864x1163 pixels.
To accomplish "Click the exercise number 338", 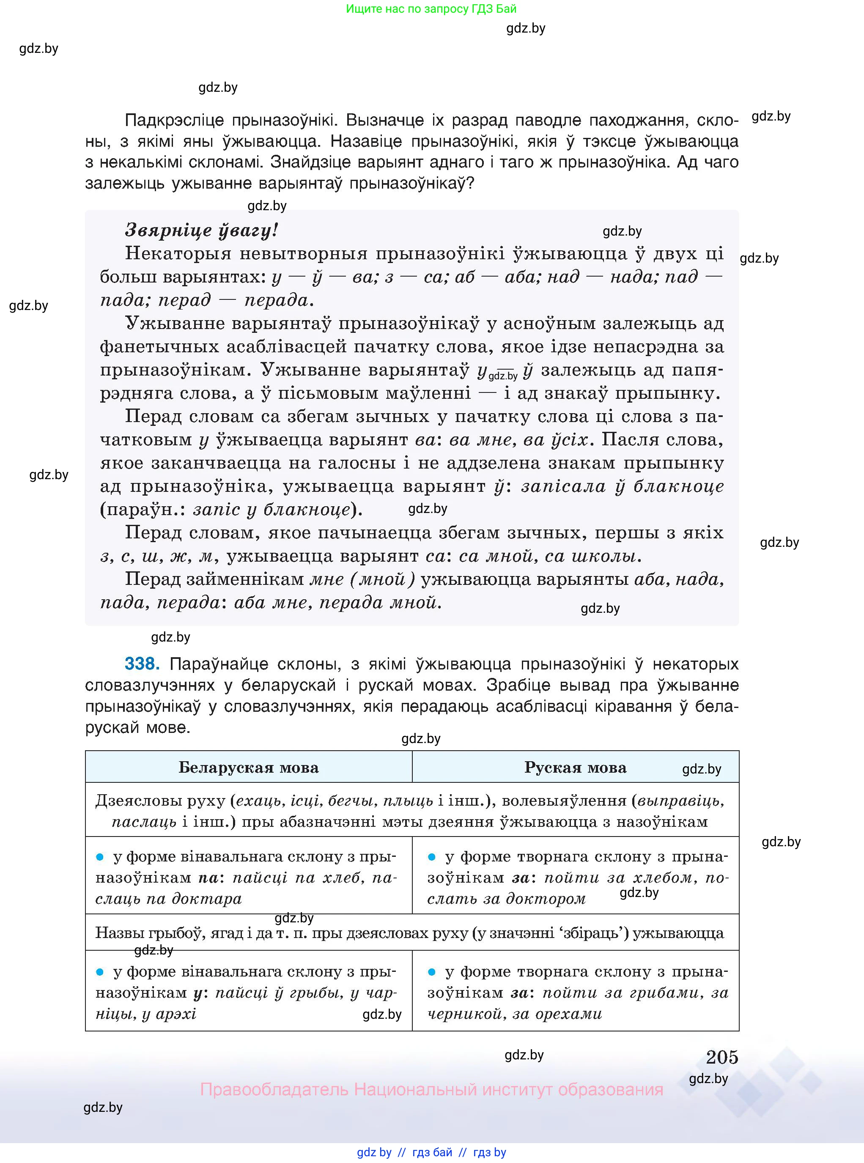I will click(141, 664).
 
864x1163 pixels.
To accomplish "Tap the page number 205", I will click(722, 1057).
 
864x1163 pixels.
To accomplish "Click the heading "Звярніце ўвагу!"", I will click(201, 230).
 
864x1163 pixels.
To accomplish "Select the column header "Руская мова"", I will click(575, 767).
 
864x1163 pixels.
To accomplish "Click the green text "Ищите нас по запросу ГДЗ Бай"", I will click(431, 9).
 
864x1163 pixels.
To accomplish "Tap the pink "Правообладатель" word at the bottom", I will click(274, 1089).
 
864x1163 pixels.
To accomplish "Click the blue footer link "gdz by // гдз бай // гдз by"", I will click(431, 1152).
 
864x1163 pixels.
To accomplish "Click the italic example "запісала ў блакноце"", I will click(623, 486).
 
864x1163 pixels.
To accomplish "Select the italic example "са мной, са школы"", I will click(550, 556).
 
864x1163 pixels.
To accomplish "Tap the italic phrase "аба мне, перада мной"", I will click(338, 602).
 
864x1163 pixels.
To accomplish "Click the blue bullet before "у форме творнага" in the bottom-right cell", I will click(431, 972).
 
